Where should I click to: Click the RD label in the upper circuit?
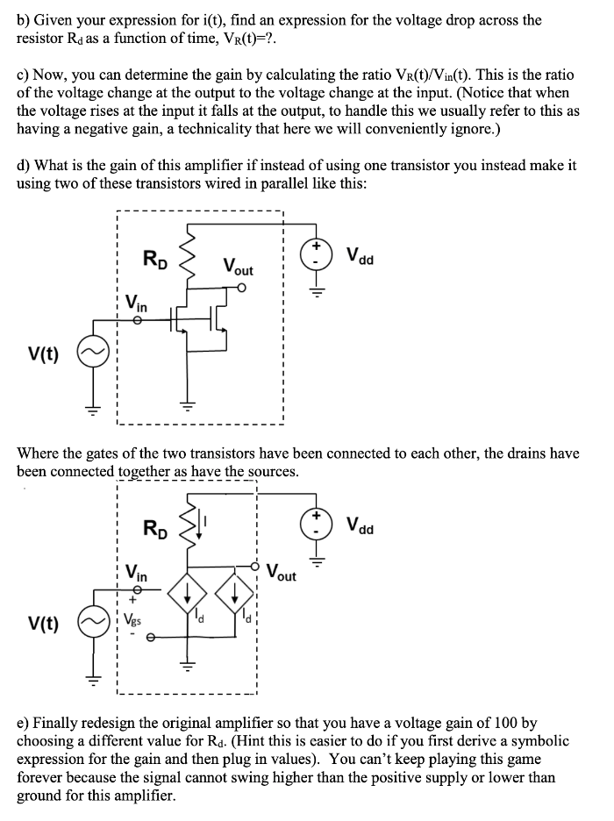pyautogui.click(x=155, y=259)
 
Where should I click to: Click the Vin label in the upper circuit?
pyautogui.click(x=136, y=304)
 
